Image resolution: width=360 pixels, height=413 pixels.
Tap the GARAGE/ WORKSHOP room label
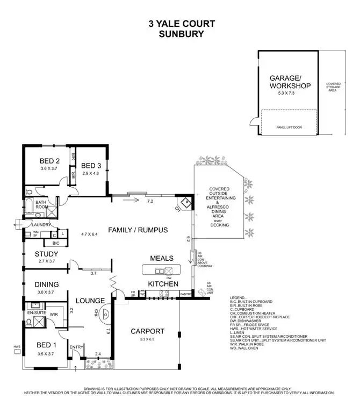[290, 81]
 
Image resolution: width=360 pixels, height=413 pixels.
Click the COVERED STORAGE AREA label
[334, 87]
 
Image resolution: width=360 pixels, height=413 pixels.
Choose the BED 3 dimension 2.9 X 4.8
[92, 173]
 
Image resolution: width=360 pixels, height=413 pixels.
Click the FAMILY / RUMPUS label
[138, 230]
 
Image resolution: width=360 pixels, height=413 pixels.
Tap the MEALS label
[161, 258]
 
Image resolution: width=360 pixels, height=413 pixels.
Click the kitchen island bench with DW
[161, 270]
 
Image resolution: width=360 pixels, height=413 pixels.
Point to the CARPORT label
[148, 331]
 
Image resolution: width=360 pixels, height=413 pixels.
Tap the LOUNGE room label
[89, 301]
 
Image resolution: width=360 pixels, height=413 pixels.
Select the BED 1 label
[46, 344]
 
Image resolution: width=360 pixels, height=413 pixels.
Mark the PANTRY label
[186, 294]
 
